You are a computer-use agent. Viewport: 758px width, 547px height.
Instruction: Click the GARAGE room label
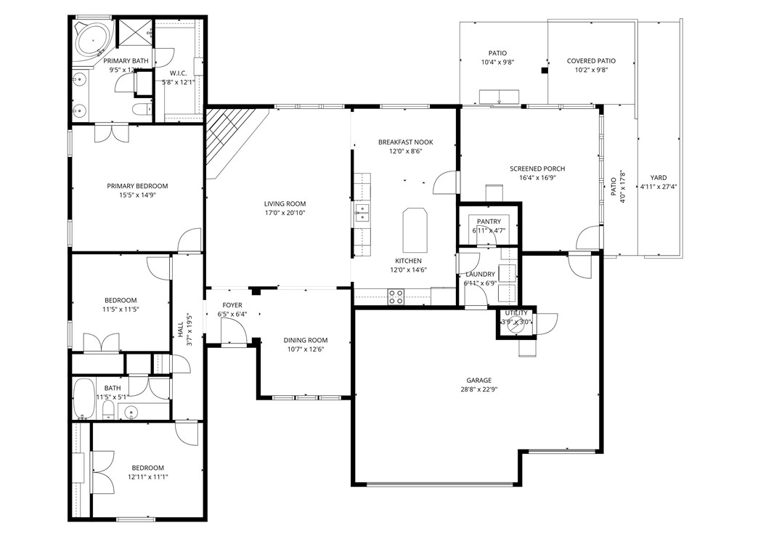point(478,380)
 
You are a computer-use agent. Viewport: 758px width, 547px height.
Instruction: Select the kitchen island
point(415,227)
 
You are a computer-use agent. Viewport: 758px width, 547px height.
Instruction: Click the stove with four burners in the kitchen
point(396,296)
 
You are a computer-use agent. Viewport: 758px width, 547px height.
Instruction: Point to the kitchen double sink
point(362,213)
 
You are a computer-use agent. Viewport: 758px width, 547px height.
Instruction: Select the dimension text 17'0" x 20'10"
point(285,213)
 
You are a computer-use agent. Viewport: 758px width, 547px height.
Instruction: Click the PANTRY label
point(489,222)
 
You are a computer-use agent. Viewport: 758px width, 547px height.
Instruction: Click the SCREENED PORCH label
point(537,169)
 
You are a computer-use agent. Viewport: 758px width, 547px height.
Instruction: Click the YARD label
point(658,177)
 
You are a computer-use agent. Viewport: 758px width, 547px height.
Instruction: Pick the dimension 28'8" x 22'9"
point(478,389)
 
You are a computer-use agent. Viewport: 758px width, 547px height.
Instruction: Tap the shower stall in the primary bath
point(134,32)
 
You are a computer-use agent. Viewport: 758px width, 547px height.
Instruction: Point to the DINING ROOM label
point(305,340)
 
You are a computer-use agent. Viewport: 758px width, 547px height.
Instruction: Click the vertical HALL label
point(181,329)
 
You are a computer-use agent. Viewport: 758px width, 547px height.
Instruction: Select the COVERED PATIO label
point(591,61)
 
